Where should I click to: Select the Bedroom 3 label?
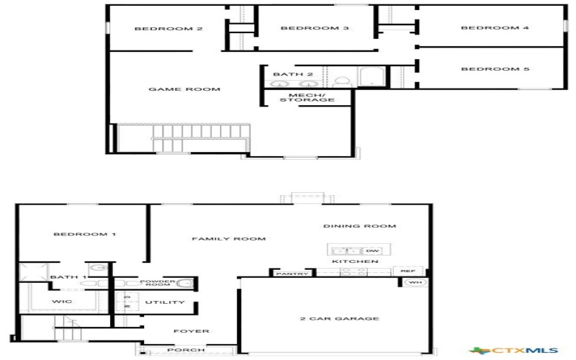305,29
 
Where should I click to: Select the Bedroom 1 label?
84,235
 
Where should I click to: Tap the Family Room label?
229,238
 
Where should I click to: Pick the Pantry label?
292,274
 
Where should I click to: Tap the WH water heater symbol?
413,282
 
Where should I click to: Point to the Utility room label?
165,302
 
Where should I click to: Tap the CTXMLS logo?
524,351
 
